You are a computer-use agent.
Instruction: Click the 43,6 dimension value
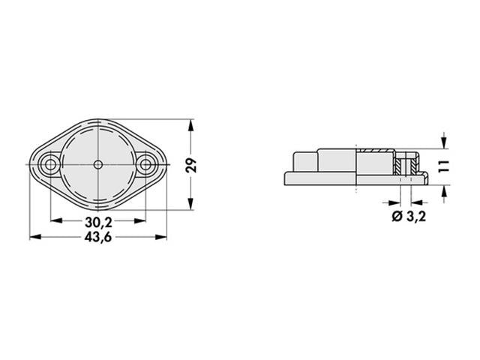pyautogui.click(x=97, y=237)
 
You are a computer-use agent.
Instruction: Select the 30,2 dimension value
pyautogui.click(x=97, y=222)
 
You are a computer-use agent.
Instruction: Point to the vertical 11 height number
pyautogui.click(x=445, y=166)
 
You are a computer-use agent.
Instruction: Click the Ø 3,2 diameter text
pyautogui.click(x=410, y=217)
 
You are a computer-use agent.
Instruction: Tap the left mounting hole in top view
pyautogui.click(x=51, y=163)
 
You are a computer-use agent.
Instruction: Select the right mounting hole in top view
pyautogui.click(x=145, y=163)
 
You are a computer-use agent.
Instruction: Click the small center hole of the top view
pyautogui.click(x=98, y=163)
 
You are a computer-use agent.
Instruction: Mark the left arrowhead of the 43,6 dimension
pyautogui.click(x=34, y=237)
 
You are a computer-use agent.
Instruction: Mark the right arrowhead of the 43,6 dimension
pyautogui.click(x=163, y=237)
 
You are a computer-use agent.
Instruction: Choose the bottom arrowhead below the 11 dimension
pyautogui.click(x=445, y=190)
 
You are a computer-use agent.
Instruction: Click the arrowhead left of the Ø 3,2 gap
pyautogui.click(x=394, y=202)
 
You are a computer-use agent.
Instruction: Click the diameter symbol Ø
pyautogui.click(x=397, y=217)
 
